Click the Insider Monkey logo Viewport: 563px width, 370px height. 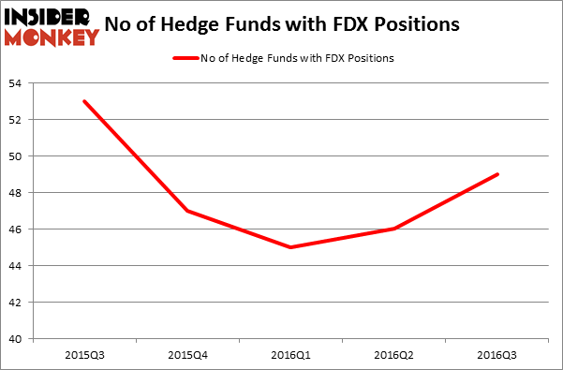pos(51,26)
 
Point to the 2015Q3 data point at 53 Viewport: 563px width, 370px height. pos(84,101)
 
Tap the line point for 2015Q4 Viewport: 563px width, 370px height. pos(187,211)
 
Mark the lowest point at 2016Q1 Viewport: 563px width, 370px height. pos(290,247)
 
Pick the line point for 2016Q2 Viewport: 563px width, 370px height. pos(393,229)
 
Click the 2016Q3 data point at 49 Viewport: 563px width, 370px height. pos(496,174)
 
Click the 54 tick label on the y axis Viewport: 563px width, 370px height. pos(18,83)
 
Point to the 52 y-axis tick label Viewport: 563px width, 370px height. pos(18,120)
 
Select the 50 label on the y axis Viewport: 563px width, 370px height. pos(18,156)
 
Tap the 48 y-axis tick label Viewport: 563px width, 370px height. pos(18,193)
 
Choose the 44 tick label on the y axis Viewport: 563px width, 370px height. pos(18,266)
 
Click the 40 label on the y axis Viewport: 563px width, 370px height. pos(18,339)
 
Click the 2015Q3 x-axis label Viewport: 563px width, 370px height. pos(84,355)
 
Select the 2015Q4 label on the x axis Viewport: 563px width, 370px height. pos(187,355)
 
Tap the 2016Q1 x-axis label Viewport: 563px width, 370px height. pos(290,355)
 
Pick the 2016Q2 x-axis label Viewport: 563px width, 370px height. pos(393,355)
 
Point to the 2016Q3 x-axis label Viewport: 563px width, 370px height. pos(496,355)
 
